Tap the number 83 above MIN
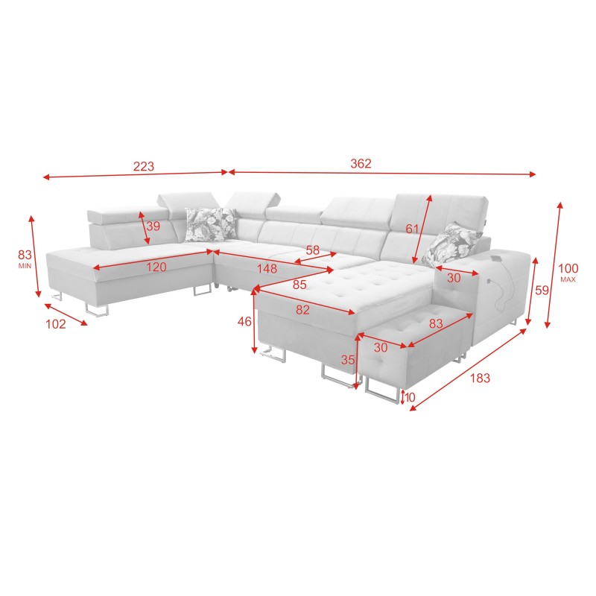point(25,254)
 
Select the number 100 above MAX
point(568,268)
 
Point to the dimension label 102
point(56,324)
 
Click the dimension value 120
point(156,267)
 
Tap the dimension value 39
point(153,226)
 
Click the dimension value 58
point(312,251)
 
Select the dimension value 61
point(412,229)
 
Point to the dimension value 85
point(299,285)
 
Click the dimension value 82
point(302,310)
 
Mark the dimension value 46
point(244,322)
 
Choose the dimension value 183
point(480,378)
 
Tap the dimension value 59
point(541,291)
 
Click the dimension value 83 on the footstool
point(436,323)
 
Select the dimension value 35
point(347,359)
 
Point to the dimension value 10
point(410,397)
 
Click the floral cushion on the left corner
point(209,223)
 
